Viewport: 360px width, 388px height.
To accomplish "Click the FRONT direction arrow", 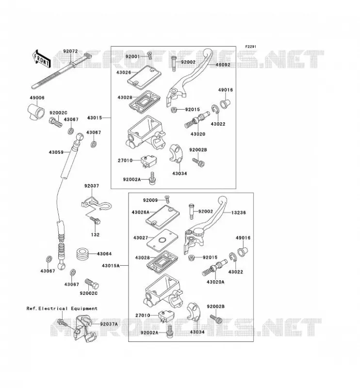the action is [x=41, y=59].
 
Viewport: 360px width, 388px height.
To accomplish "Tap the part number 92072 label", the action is [x=70, y=51].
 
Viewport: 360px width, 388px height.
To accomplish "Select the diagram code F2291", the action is [x=251, y=47].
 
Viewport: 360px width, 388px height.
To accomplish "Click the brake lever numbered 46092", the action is [x=189, y=76].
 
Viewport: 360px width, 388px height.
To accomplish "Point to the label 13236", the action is [x=238, y=212].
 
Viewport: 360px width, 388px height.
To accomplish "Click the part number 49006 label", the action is [x=37, y=98].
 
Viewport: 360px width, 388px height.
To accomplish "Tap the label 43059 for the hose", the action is [x=56, y=152].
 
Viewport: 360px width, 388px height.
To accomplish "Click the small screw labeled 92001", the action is [x=149, y=56].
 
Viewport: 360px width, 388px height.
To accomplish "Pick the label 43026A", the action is [x=140, y=212].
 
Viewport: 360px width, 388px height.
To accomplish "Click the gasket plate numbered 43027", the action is [x=163, y=240].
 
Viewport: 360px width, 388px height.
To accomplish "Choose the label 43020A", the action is [x=215, y=282].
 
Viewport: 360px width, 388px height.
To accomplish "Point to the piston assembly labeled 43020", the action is [x=197, y=119].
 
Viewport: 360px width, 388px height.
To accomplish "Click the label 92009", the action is [x=150, y=200].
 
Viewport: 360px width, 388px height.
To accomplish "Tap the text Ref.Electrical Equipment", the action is [x=62, y=308].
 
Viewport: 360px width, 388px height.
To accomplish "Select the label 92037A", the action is [x=109, y=324].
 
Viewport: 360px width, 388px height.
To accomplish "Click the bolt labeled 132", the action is [x=95, y=220].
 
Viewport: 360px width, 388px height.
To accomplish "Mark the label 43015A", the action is [x=111, y=265].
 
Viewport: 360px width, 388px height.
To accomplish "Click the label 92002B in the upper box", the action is [x=198, y=150].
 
